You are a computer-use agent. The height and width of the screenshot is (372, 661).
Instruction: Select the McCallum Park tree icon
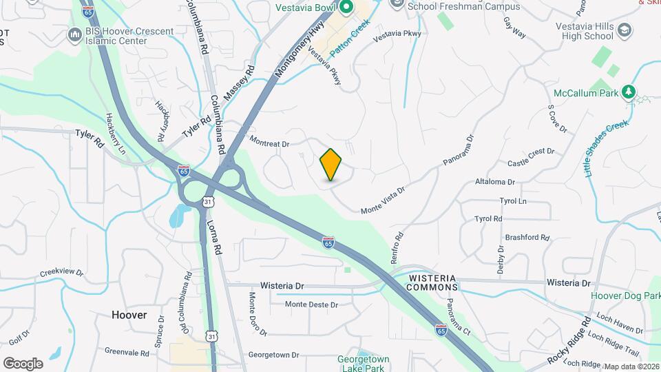pyautogui.click(x=627, y=92)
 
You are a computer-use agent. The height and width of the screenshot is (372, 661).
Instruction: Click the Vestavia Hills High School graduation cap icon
pyautogui.click(x=623, y=31)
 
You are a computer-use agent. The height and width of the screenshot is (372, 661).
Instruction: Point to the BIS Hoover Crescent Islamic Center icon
pyautogui.click(x=74, y=34)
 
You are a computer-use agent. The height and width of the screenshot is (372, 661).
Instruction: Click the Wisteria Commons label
pyautogui.click(x=433, y=282)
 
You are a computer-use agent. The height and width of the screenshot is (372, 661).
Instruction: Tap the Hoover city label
pyautogui.click(x=129, y=315)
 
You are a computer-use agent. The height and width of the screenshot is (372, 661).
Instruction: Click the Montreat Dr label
pyautogui.click(x=269, y=142)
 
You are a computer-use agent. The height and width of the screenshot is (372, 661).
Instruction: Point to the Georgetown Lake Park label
pyautogui.click(x=364, y=363)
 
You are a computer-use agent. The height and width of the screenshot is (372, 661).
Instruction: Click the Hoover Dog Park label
pyautogui.click(x=625, y=296)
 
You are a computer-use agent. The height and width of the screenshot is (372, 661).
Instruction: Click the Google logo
pyautogui.click(x=23, y=363)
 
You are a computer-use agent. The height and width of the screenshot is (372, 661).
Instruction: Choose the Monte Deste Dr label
pyautogui.click(x=311, y=304)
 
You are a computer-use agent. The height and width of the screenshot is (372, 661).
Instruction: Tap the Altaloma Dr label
pyautogui.click(x=495, y=182)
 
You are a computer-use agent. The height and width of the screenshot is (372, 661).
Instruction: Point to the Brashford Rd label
pyautogui.click(x=527, y=238)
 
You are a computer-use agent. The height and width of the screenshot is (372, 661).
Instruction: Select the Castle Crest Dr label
pyautogui.click(x=531, y=157)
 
